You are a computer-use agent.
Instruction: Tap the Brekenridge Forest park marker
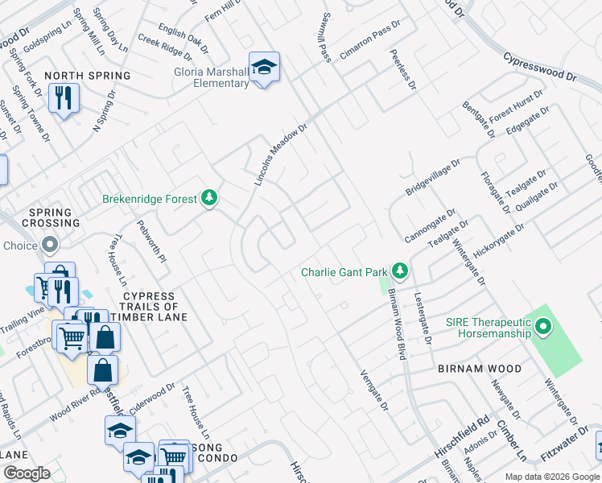[209, 197]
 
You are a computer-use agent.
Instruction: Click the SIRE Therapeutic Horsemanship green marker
[543, 327]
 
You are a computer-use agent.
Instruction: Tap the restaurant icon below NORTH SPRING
[63, 99]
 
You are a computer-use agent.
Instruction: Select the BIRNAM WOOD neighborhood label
[480, 369]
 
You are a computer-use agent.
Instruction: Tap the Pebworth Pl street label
[151, 242]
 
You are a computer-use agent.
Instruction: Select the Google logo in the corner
[27, 473]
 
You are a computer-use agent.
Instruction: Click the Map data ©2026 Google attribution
[551, 477]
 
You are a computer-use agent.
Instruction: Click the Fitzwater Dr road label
[570, 442]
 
